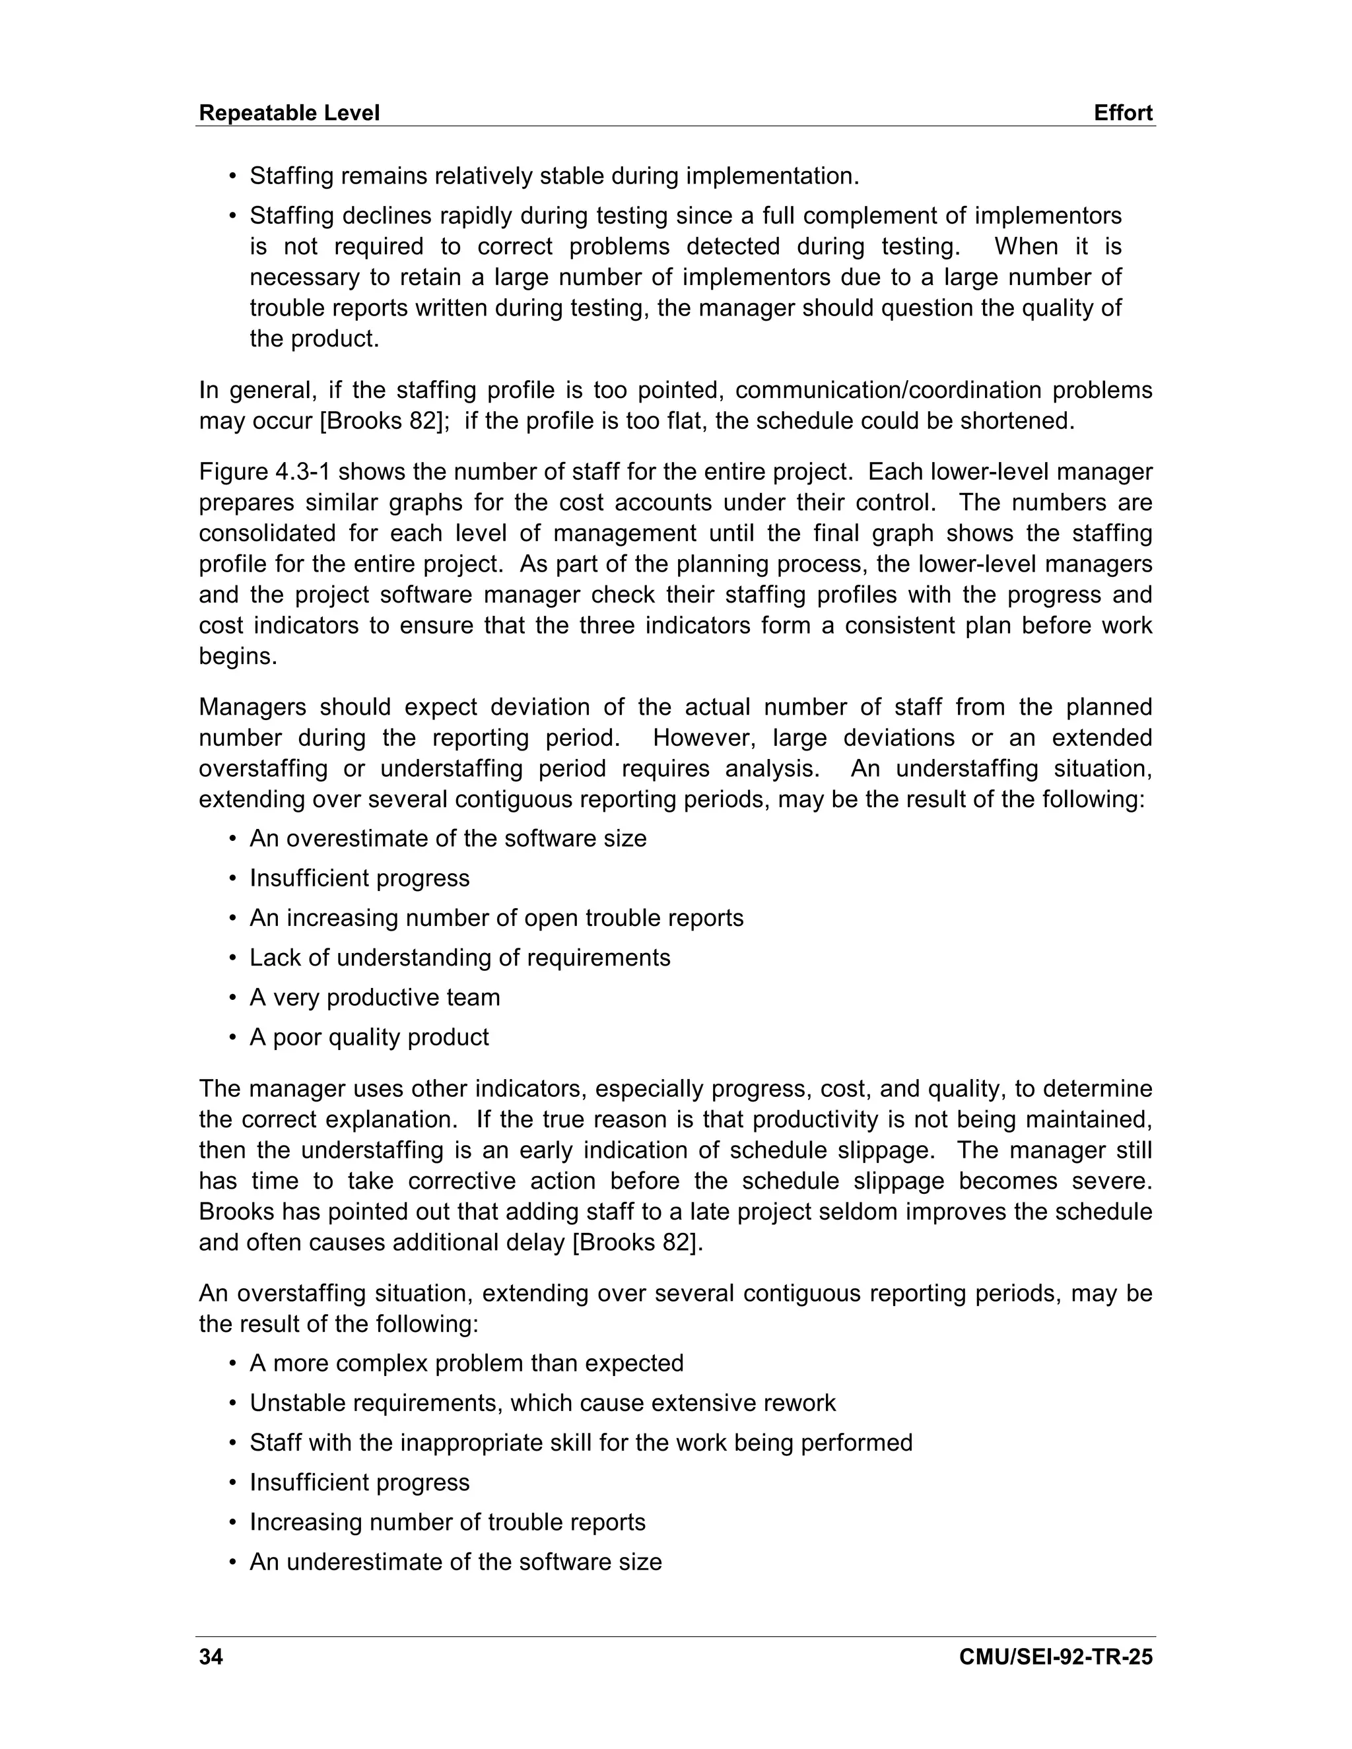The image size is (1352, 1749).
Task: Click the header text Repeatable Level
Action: coord(288,113)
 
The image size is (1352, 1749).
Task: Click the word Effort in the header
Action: coord(1123,113)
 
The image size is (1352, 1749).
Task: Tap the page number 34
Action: coord(211,1657)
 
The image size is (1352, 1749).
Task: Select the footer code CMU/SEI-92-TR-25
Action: coord(1055,1657)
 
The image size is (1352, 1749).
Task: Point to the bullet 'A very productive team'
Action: coord(374,997)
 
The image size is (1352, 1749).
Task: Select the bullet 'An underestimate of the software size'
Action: coord(455,1562)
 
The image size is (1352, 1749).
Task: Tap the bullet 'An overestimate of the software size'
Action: coord(448,838)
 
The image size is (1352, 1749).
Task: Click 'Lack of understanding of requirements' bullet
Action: coord(459,958)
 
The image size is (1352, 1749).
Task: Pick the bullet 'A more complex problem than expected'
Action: coord(466,1363)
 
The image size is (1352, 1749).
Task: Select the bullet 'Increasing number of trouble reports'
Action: coord(447,1523)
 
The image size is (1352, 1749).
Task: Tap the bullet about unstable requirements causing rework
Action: coord(542,1403)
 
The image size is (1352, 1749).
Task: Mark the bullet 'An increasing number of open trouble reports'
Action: coord(496,918)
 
